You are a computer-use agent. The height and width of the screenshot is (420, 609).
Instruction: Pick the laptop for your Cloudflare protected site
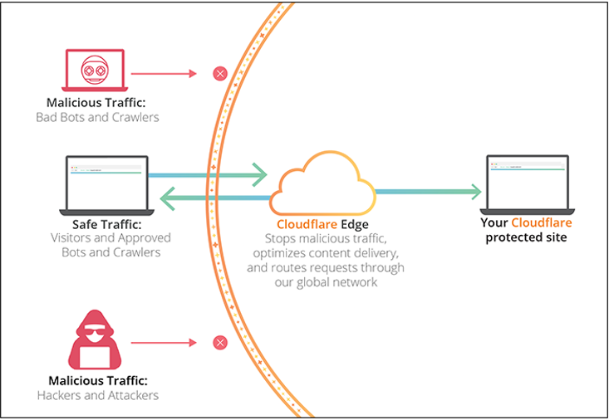click(x=527, y=182)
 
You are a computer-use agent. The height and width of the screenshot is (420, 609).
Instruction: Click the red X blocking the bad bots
click(x=220, y=74)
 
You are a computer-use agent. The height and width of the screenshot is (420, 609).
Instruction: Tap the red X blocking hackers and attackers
click(x=220, y=342)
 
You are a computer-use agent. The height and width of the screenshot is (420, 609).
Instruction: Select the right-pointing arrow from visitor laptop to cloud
click(x=208, y=175)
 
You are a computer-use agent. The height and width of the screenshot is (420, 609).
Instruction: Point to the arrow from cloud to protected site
click(x=428, y=192)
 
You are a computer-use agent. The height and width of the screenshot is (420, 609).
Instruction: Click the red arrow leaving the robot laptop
click(x=163, y=74)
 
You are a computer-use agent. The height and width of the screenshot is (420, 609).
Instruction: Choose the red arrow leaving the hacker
click(x=163, y=342)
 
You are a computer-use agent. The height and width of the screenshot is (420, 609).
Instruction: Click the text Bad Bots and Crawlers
click(x=97, y=117)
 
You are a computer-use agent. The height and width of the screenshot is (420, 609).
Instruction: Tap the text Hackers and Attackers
click(x=97, y=395)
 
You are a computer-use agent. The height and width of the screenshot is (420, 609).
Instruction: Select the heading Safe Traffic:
click(x=106, y=223)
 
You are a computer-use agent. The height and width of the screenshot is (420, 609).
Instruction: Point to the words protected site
click(x=527, y=237)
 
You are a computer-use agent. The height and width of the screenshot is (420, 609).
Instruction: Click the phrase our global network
click(x=325, y=281)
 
